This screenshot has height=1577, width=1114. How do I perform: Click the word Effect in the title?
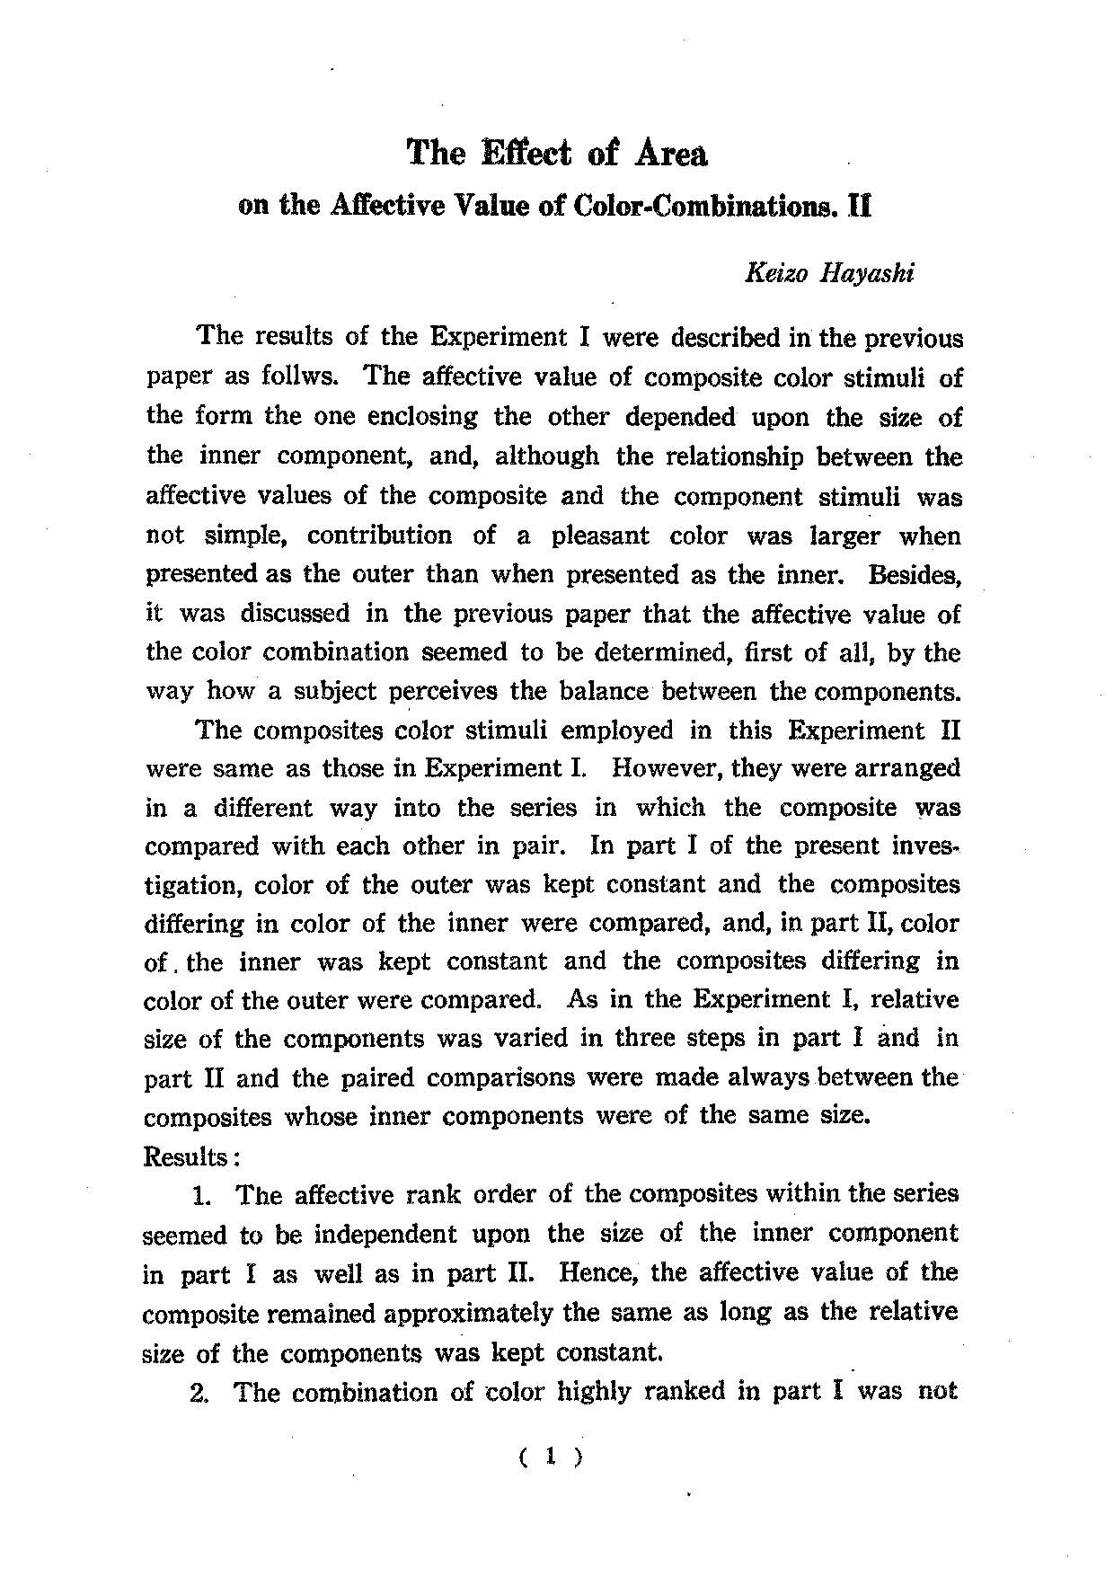pos(527,154)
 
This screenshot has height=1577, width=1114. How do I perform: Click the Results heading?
pos(185,1156)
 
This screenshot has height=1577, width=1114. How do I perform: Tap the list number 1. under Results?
pos(202,1196)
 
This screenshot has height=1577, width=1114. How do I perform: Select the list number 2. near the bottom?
pos(202,1393)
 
